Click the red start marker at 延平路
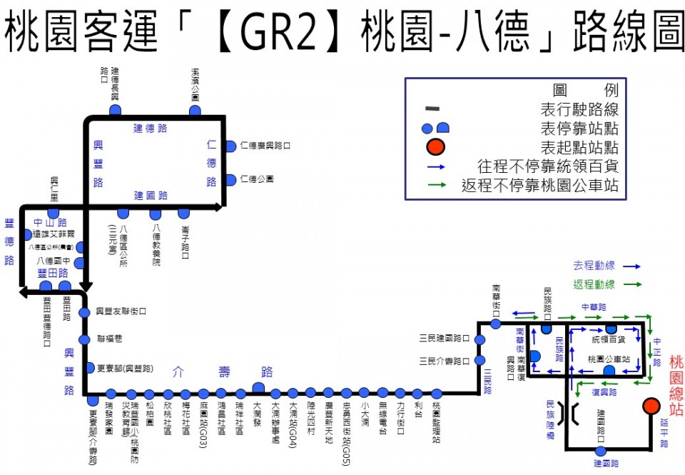point(651,406)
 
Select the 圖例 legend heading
point(585,91)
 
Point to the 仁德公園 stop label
point(257,179)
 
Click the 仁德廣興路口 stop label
point(265,146)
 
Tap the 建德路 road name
point(151,129)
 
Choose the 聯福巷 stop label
point(110,339)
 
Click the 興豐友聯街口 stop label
point(121,311)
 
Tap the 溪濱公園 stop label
point(195,85)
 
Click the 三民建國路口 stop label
point(445,337)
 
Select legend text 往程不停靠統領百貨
point(539,167)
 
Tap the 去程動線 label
point(594,265)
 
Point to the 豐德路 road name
point(9,241)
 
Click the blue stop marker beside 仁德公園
point(230,179)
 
